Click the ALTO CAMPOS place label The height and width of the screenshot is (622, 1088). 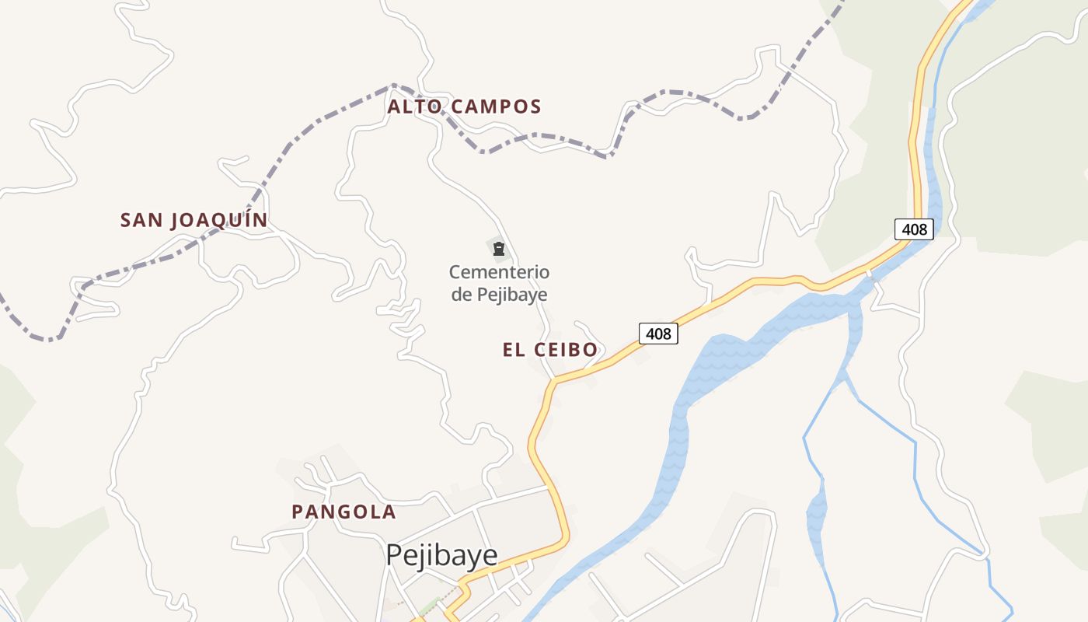(464, 107)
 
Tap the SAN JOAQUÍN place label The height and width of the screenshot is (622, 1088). (194, 220)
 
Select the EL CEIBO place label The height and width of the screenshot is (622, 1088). (550, 350)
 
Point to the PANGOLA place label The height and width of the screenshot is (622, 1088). (343, 512)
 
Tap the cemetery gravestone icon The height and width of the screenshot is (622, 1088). (499, 249)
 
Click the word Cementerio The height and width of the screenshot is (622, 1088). (499, 273)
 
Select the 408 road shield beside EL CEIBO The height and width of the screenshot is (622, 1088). (658, 334)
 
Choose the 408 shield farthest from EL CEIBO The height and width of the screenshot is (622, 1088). (914, 229)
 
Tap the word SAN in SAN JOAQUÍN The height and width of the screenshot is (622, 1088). (141, 220)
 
